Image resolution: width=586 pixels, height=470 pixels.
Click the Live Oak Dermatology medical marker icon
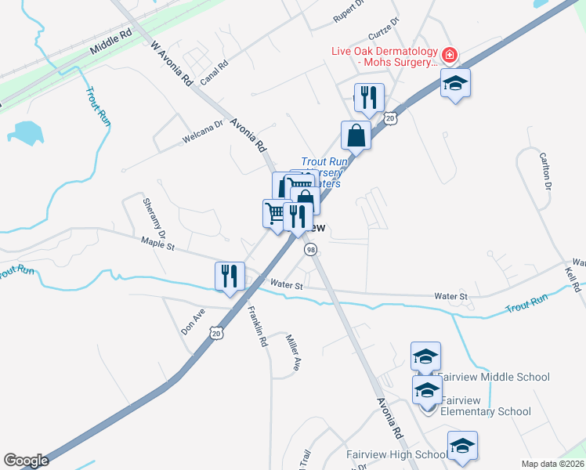pos(450,56)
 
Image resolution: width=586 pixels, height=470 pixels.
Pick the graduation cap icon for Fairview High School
pos(462,446)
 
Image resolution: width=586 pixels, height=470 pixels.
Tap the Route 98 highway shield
pos(312,249)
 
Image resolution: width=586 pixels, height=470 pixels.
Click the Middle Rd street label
pos(111,42)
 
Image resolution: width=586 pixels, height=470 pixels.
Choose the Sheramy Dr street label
pos(154,218)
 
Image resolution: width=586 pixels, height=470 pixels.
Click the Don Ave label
pos(193,320)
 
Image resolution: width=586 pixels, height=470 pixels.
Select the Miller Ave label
pos(292,352)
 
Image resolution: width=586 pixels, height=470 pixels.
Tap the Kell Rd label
pos(572,279)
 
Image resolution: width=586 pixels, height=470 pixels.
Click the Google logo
pos(26,461)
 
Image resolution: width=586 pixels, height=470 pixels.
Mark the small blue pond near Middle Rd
pos(29,133)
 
